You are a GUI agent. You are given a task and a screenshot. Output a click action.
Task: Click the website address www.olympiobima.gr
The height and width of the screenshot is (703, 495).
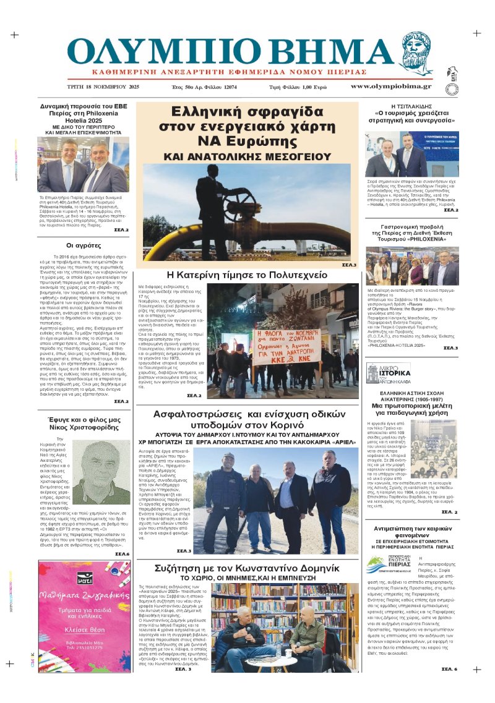point(390,87)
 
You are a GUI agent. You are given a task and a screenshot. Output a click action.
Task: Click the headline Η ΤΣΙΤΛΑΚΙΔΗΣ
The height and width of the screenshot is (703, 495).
point(412,106)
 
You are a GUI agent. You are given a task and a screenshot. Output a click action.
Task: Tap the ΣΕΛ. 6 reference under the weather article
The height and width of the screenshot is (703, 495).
point(449,669)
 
